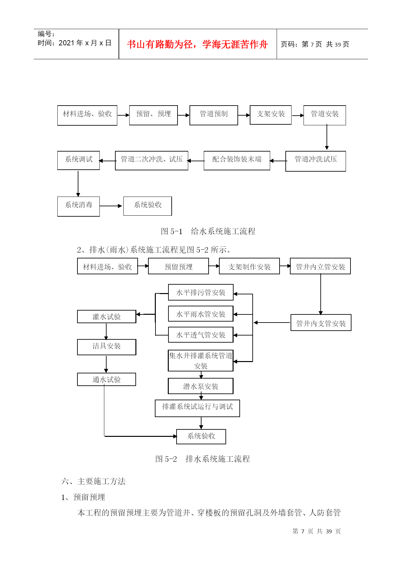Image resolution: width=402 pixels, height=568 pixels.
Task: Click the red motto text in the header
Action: coord(197,44)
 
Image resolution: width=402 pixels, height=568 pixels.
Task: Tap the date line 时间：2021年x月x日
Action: coord(75,43)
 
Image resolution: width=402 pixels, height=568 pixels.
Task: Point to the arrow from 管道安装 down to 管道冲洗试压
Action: coord(327,137)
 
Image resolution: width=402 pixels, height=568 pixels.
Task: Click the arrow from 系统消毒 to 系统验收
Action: coord(111,206)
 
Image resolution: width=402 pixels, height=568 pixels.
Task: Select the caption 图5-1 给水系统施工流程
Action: coord(208,231)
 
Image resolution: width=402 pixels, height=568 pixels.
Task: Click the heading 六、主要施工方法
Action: coord(93,481)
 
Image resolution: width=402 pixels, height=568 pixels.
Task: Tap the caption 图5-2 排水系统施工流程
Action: coord(202,459)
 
